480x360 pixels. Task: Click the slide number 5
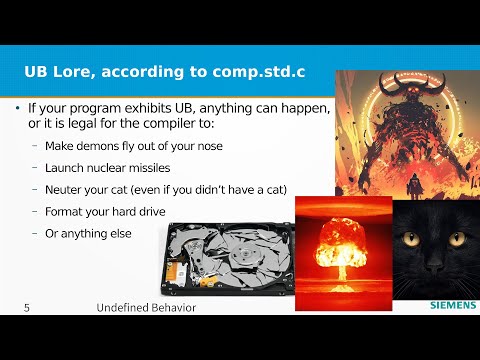tap(27, 308)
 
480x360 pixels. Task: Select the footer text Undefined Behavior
tap(146, 308)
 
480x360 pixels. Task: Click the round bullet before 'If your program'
tap(17, 107)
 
